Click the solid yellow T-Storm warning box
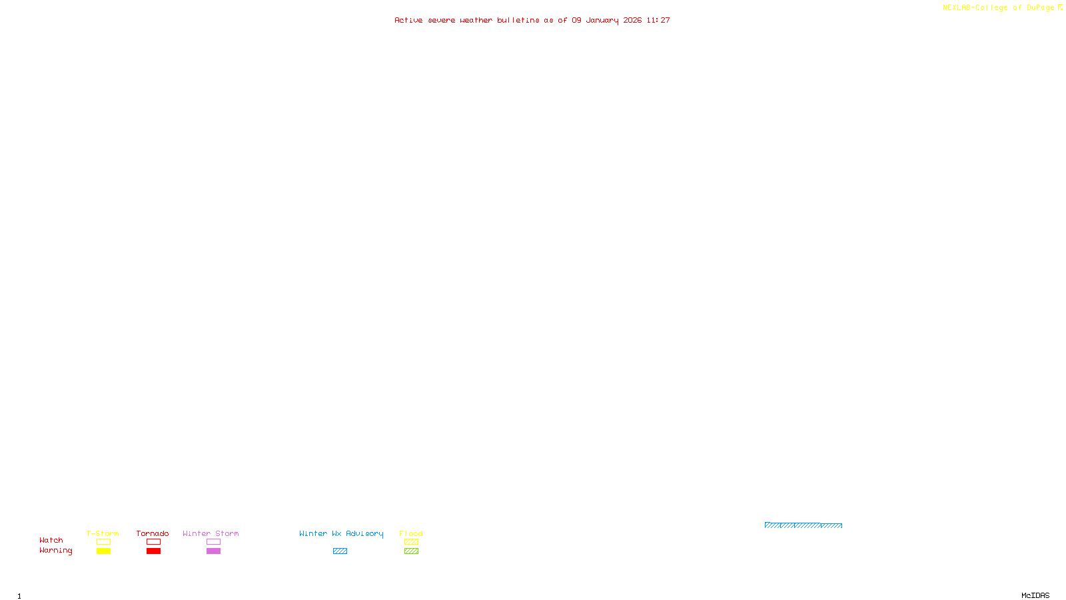coord(103,551)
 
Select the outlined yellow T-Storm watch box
coord(103,542)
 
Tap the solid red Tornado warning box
coord(153,551)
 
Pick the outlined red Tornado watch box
coord(153,542)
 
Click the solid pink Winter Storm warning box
coord(213,551)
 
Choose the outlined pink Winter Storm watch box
coord(213,542)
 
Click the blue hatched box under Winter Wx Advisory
coord(340,551)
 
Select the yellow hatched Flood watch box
coord(411,542)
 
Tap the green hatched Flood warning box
coord(411,551)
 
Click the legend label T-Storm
coord(103,533)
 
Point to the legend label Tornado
coord(153,533)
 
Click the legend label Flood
coord(411,533)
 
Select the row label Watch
coord(51,540)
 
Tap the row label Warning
coord(55,551)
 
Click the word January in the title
coord(602,21)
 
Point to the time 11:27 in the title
coord(658,21)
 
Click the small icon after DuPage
coord(1060,7)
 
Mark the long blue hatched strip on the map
coord(803,525)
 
